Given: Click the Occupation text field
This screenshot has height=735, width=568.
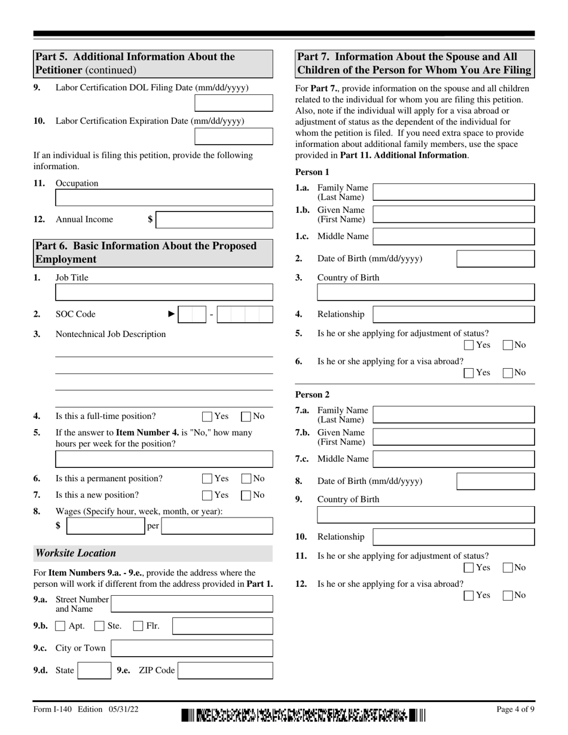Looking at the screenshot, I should [x=164, y=198].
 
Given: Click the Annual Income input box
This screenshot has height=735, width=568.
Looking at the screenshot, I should [x=215, y=220].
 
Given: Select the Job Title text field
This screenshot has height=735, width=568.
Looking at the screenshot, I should [x=164, y=292].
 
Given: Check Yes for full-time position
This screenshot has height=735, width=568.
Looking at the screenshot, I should [x=207, y=416].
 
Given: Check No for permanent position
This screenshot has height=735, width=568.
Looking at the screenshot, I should [x=246, y=479].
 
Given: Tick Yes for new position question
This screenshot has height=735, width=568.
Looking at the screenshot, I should [x=207, y=495].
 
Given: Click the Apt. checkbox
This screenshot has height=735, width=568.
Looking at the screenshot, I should [x=60, y=626].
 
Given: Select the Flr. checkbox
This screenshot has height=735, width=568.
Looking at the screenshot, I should [x=138, y=626].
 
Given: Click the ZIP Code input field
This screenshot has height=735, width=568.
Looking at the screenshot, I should [x=225, y=670].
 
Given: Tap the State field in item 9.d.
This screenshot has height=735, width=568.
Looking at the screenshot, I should [x=94, y=670].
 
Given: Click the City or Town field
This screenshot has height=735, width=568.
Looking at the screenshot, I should [x=192, y=648].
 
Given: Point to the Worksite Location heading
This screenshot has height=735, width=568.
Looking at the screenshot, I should [x=76, y=553].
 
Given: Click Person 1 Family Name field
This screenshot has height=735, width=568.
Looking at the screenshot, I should [x=454, y=192].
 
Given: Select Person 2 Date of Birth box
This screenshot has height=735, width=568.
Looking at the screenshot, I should [x=496, y=481].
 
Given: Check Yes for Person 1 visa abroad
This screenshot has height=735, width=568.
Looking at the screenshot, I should [x=469, y=373].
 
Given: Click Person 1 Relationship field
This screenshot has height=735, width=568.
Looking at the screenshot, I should [x=454, y=314].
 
